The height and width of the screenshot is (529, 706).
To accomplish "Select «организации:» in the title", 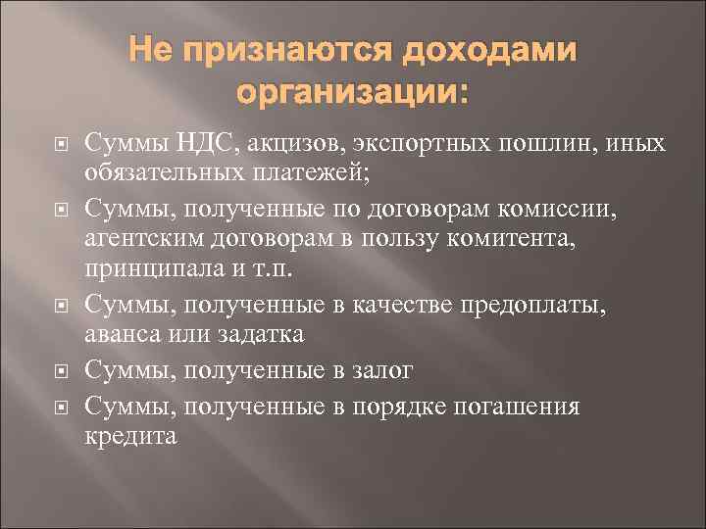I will tap(353, 94).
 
